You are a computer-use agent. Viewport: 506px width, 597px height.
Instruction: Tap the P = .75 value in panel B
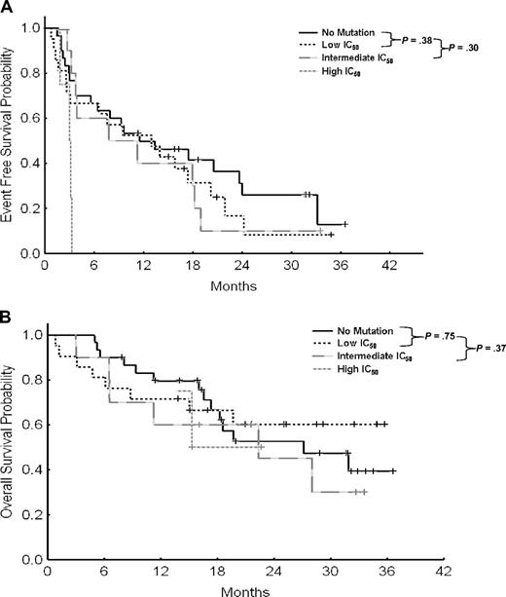click(x=421, y=335)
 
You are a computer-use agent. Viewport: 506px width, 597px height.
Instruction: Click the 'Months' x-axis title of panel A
click(x=236, y=287)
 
